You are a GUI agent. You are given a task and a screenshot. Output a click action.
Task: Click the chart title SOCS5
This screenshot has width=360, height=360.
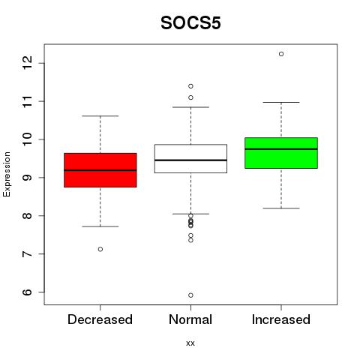190,23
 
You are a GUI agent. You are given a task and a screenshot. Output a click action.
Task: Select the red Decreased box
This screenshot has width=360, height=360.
100,170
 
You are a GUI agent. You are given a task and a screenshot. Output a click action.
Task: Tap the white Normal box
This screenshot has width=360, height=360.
190,158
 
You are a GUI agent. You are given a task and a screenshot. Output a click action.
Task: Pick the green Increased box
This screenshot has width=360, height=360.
281,153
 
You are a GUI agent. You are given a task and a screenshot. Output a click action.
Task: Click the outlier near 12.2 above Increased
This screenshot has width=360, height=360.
281,54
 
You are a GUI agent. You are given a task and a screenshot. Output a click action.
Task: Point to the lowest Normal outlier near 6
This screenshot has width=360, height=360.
190,295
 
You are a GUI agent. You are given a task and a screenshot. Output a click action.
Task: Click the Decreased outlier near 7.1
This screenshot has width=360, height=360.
100,249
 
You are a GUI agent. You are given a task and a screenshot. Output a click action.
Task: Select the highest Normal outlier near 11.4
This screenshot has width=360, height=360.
190,86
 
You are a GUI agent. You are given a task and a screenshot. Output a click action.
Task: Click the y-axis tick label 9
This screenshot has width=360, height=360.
27,178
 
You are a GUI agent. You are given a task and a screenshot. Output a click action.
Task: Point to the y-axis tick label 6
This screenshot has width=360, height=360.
27,292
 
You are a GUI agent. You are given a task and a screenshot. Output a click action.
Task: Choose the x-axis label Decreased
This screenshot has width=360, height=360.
100,319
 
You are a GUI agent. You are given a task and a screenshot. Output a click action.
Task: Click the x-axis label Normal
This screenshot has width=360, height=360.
190,319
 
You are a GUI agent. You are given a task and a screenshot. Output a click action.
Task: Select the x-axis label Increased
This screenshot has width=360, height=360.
281,319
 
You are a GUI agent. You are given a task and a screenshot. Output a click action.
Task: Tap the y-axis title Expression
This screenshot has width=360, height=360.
7,174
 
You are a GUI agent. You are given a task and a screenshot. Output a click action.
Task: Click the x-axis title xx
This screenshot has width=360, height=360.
190,343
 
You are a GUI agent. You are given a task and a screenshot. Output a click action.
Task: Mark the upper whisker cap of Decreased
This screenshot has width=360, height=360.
100,116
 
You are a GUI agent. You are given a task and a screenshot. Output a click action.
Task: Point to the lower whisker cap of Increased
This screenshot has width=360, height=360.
281,208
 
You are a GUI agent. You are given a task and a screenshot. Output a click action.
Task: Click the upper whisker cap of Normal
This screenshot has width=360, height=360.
190,107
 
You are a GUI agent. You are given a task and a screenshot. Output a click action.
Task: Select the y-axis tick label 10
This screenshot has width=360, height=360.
27,139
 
